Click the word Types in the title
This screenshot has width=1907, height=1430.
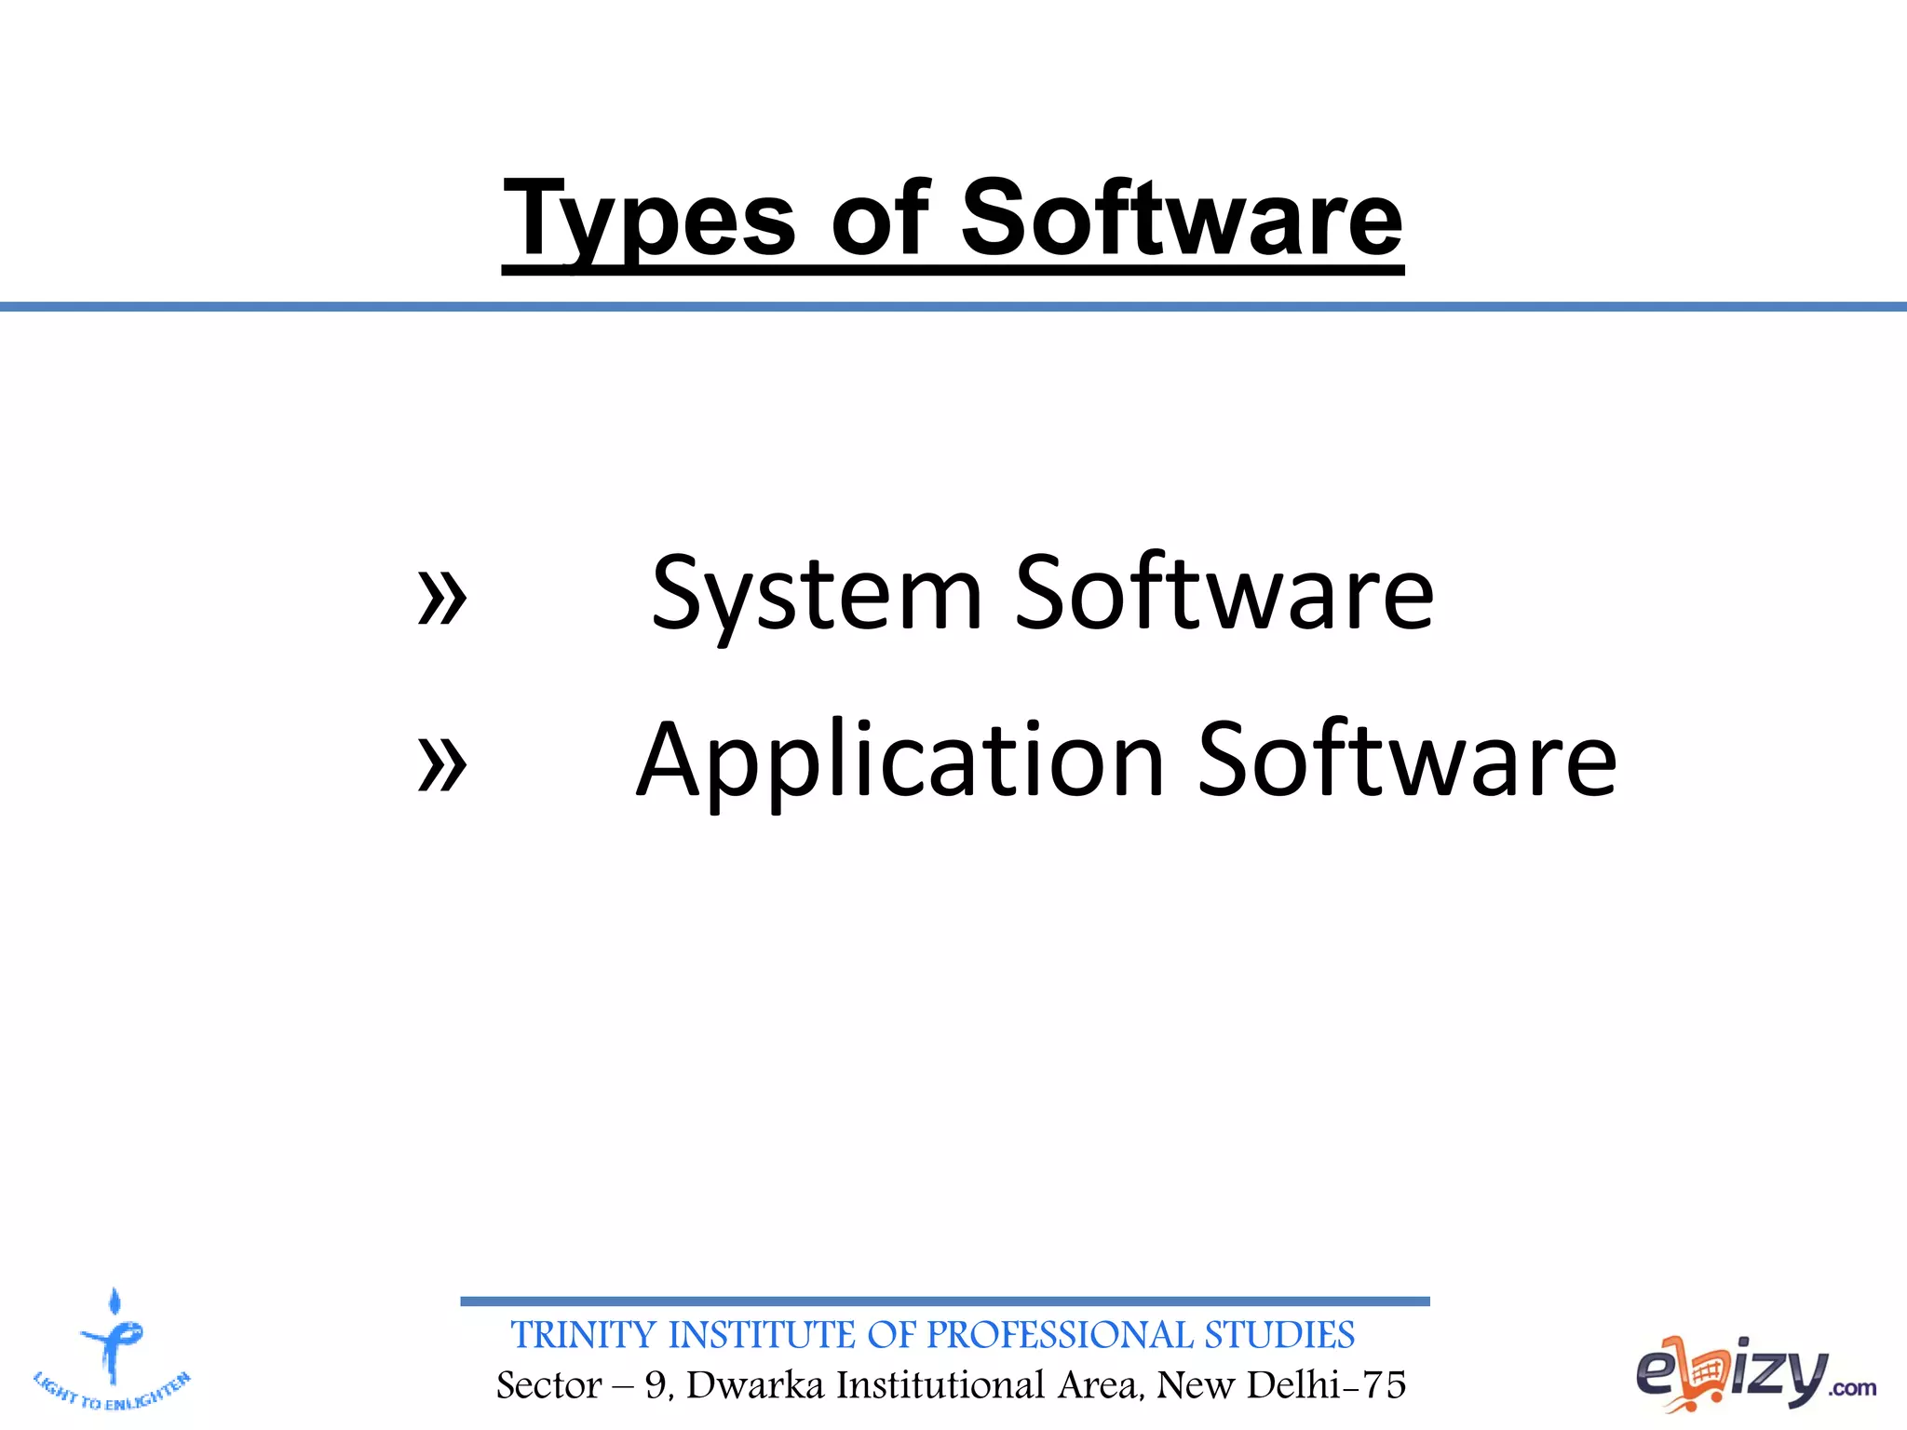pos(649,220)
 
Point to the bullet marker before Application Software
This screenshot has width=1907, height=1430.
pos(441,764)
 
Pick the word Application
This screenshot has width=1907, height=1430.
pos(900,762)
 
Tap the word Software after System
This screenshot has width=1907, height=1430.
pos(1224,592)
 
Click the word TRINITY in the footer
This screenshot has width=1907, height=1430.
pos(584,1335)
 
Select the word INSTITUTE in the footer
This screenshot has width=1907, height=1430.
pos(764,1335)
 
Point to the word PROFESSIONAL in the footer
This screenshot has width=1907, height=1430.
pos(1059,1335)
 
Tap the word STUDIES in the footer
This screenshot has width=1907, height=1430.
pos(1279,1335)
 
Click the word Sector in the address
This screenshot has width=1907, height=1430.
pos(549,1385)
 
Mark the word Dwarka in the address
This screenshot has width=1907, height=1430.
pos(755,1385)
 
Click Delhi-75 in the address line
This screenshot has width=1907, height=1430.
pos(1326,1385)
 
